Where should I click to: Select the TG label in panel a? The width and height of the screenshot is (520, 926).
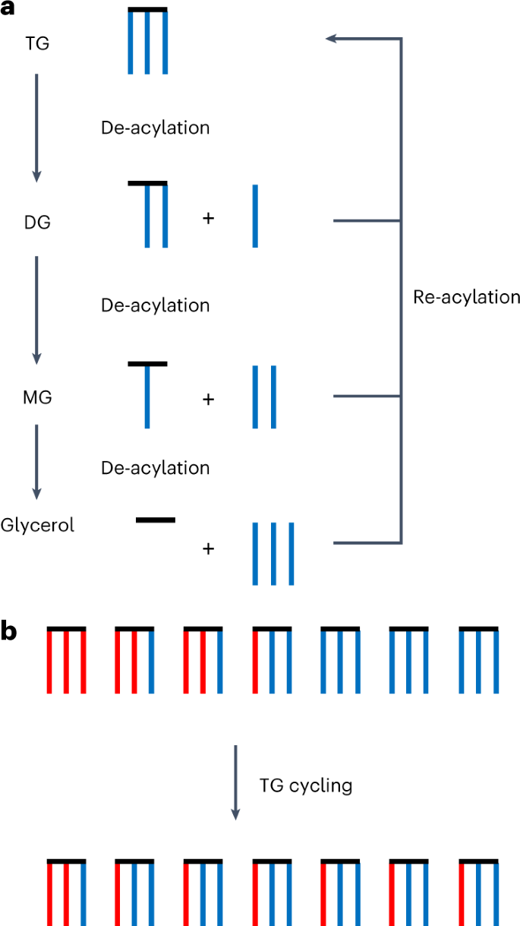pos(36,43)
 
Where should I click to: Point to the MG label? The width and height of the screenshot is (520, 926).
pos(37,397)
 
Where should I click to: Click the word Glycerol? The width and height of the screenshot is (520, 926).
pos(37,525)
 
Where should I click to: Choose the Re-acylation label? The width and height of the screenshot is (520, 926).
pos(466,297)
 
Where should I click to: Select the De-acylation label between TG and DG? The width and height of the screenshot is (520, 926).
pos(155,128)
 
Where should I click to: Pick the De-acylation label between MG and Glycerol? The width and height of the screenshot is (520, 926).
pos(155,468)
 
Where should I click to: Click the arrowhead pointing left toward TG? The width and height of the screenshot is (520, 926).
pos(331,39)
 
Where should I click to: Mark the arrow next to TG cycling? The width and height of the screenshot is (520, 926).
pos(235,782)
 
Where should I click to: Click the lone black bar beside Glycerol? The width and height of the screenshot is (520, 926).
pos(156,520)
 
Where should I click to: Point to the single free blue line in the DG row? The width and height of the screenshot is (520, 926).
pos(255,216)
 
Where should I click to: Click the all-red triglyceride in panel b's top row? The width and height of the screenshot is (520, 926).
pos(66,659)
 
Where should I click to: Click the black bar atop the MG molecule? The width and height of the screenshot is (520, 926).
pos(147,364)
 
